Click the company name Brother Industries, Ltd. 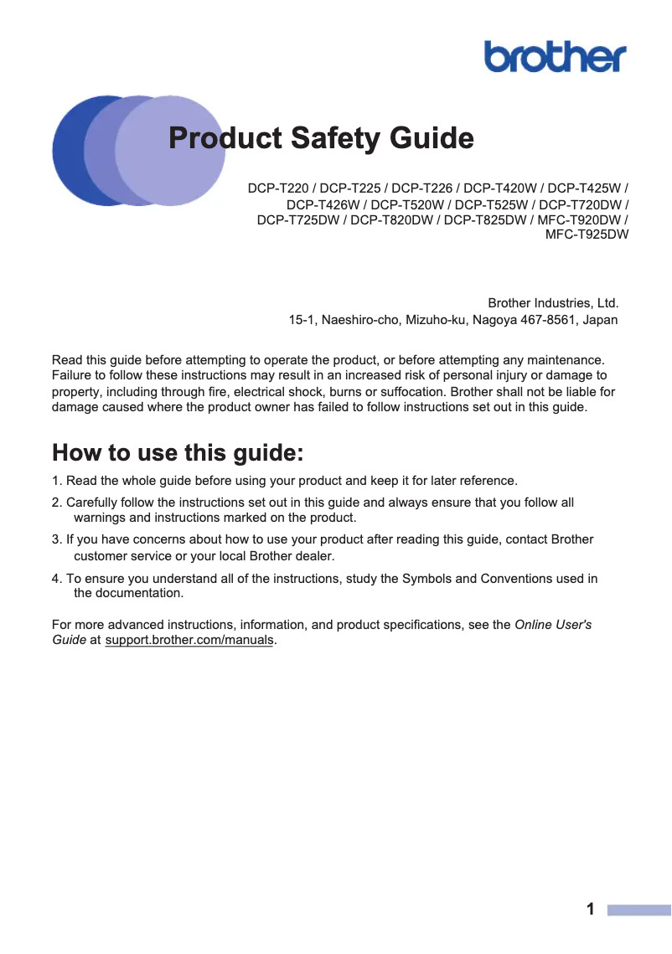point(552,302)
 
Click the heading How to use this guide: point(178,453)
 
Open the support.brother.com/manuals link point(189,641)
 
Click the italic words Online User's point(553,625)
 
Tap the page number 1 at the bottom point(591,910)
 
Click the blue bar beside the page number point(638,910)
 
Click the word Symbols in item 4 point(427,578)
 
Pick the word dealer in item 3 point(314,555)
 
